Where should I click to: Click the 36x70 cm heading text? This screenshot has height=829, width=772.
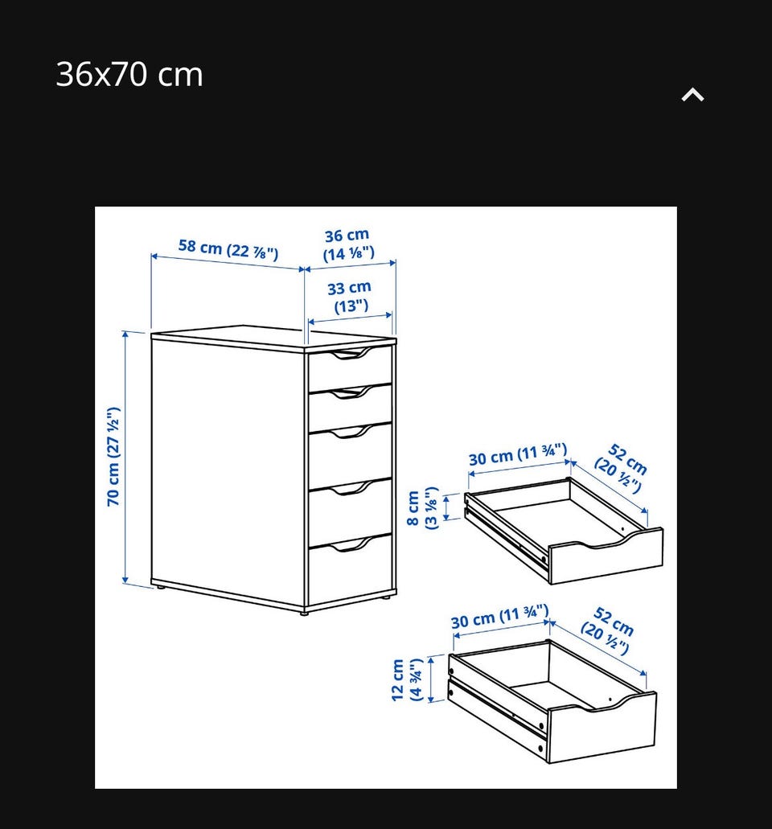point(129,74)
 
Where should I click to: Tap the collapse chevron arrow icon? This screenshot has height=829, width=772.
point(692,95)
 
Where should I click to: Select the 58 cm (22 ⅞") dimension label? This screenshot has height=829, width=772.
point(228,249)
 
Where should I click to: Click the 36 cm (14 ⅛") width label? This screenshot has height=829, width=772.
point(348,244)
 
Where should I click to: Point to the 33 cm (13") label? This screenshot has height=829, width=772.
point(350,297)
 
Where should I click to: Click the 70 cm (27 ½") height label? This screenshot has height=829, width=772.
point(113,456)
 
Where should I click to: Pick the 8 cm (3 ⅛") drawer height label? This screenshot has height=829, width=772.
point(422,508)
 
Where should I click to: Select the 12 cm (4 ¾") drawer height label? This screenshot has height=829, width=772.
point(407,680)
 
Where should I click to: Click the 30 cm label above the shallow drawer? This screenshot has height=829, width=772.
point(518,454)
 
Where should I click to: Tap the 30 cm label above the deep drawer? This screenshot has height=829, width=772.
point(499,617)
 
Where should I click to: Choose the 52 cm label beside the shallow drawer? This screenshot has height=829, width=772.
point(622,468)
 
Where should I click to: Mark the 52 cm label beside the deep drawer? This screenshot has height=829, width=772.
point(608,630)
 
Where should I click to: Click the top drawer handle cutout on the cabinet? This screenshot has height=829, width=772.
point(348,354)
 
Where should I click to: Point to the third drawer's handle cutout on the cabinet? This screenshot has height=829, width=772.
point(348,432)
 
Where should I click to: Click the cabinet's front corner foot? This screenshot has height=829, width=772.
point(303,612)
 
